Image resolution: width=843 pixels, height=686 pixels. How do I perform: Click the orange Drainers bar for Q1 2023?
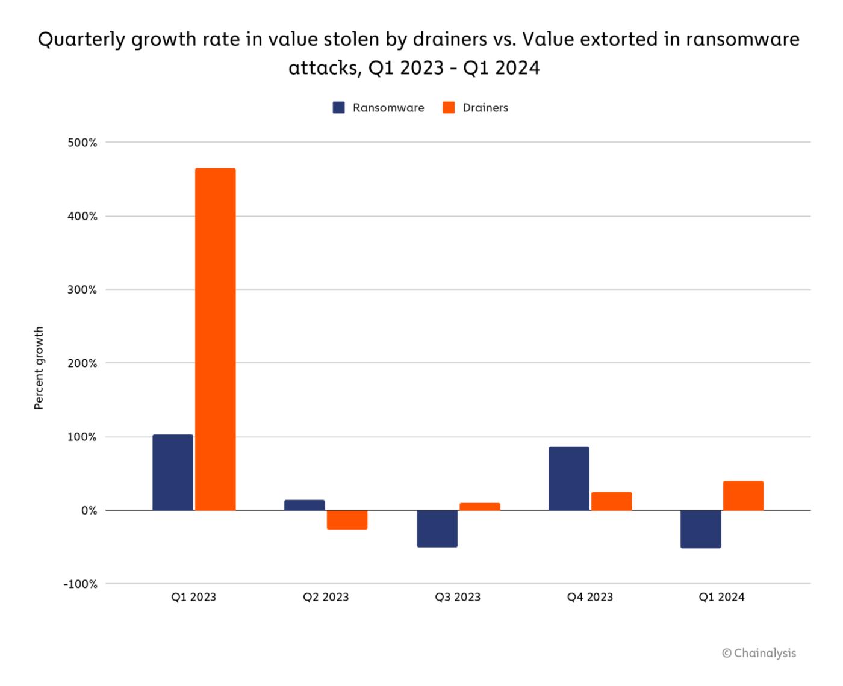[x=216, y=339]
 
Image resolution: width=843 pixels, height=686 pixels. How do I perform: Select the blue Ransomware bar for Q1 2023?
[x=173, y=472]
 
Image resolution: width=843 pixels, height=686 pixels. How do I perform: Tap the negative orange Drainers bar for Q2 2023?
[x=347, y=520]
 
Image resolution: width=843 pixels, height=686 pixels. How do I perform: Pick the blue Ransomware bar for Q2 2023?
[x=305, y=505]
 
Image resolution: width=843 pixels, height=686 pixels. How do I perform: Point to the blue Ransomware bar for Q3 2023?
[x=437, y=528]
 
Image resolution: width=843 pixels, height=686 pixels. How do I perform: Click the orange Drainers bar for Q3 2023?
[x=480, y=507]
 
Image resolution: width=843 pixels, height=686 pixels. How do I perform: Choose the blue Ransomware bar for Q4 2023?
[x=569, y=478]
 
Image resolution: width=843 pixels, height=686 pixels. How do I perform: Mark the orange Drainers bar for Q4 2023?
[x=612, y=501]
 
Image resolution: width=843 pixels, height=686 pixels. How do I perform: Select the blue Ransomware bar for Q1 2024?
[x=701, y=529]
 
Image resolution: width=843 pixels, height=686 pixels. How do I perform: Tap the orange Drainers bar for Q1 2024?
[x=744, y=496]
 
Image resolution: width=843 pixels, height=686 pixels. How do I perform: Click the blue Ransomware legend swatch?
[x=339, y=108]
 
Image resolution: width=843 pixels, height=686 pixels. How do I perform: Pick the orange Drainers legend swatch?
[x=449, y=108]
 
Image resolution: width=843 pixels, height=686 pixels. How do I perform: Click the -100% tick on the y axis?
[x=81, y=584]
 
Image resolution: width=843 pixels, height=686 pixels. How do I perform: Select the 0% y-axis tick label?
[x=89, y=511]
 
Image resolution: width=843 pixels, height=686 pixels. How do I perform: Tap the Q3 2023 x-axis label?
[x=458, y=597]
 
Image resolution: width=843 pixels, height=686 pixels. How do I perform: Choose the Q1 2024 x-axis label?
[x=721, y=597]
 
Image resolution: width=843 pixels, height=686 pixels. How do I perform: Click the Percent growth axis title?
[x=39, y=368]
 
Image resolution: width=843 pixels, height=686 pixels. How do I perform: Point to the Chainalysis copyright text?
[x=759, y=653]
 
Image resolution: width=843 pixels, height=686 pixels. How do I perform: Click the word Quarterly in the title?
[x=82, y=40]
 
